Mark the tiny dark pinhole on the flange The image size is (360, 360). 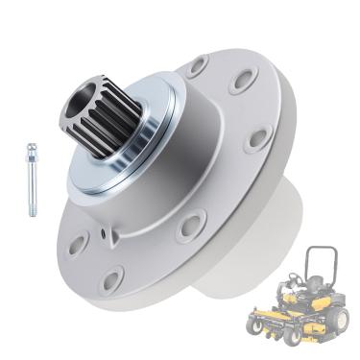coord(99,232)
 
